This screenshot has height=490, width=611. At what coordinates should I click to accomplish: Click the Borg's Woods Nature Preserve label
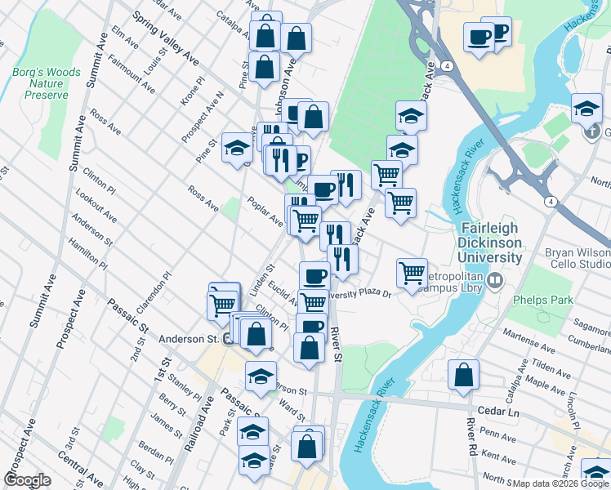coord(47,83)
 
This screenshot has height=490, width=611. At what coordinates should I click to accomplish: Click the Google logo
coord(27,479)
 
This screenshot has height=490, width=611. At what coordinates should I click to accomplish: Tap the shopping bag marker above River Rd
coord(463,376)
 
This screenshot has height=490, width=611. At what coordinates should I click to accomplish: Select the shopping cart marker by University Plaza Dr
coord(412,273)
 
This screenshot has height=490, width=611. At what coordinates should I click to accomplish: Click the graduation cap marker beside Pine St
coord(237,147)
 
